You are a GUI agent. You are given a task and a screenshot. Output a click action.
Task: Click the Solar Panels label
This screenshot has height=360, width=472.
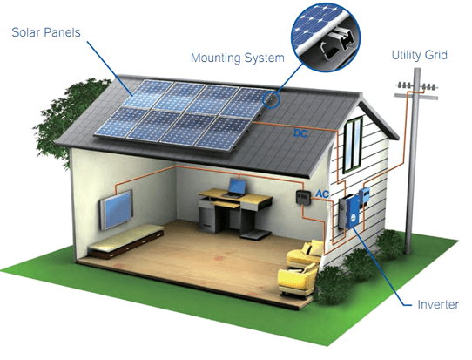coord(46,32)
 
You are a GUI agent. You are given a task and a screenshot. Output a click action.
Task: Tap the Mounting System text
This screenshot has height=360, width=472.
coord(238,58)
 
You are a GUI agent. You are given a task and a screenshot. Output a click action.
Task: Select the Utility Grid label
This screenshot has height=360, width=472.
coord(420,55)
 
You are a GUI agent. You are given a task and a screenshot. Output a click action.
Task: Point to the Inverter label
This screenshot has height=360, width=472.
coord(438,304)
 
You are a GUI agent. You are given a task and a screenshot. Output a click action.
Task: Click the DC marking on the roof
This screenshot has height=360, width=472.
coord(300,133)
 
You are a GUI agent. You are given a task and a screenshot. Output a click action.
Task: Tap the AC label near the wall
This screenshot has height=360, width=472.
coord(322,194)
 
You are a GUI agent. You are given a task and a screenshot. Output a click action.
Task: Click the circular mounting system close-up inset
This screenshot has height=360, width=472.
coord(326,37)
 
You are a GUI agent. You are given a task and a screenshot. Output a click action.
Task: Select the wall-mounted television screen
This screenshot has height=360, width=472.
coord(117,209)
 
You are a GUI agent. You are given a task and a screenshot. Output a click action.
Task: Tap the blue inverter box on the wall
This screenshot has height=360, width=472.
coord(353,212)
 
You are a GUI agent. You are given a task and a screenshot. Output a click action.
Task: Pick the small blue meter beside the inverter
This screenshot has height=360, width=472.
coord(364,195)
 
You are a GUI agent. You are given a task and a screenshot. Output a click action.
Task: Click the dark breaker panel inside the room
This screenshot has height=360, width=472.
coord(303,198)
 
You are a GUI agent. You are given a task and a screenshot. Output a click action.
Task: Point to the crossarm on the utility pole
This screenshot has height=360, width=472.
coord(416,96)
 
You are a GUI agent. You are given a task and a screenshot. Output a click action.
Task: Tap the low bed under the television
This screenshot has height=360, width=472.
coord(125,241)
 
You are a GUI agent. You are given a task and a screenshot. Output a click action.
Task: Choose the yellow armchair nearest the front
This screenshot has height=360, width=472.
coord(298,280)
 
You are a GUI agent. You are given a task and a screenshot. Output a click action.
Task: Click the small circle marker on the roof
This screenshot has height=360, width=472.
coord(271,99)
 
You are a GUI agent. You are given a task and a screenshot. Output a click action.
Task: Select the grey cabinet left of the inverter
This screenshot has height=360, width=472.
coord(342,213)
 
